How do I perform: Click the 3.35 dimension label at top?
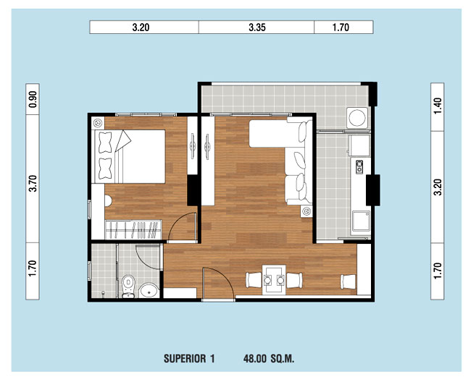coord(257,27)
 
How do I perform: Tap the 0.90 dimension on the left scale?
coord(33,99)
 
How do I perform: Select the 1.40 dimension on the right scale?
coord(438,106)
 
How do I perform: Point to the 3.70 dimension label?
coord(33,183)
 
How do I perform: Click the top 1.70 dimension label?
coord(341,27)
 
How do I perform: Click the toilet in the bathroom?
coord(128,286)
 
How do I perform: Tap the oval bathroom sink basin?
coord(149,290)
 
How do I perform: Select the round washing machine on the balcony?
coord(357,117)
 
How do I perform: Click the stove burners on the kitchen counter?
coord(359,167)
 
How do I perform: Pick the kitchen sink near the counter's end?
coord(361,221)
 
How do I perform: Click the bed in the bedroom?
coord(130,156)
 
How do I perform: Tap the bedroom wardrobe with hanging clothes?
coord(133,229)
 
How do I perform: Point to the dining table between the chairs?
coord(274,279)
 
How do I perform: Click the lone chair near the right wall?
coord(348,282)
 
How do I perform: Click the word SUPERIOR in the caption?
coord(185,359)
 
